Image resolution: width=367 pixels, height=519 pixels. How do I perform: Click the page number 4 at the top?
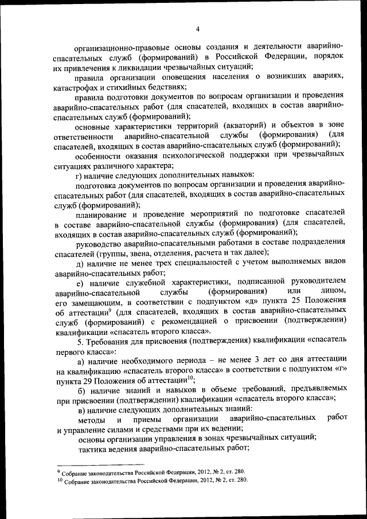(x=197, y=29)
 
